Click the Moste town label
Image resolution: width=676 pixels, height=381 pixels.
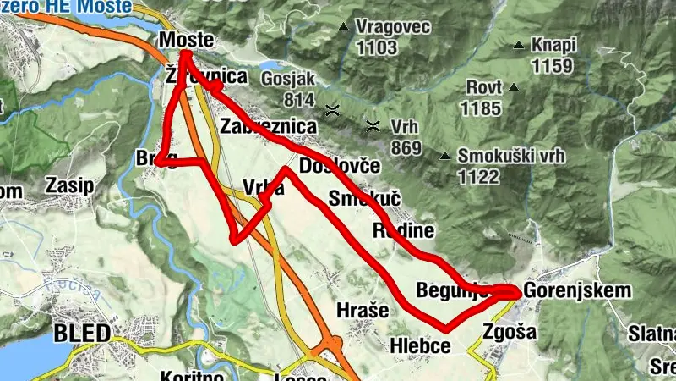tap(184, 41)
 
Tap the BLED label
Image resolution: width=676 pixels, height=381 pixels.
tap(82, 333)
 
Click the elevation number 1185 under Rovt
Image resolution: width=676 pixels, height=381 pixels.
tap(483, 108)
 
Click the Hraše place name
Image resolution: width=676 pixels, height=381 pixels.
tap(363, 310)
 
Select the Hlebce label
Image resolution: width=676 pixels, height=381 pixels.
tap(420, 345)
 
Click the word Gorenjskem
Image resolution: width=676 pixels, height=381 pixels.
tap(578, 290)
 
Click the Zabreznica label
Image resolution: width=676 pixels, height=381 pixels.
tap(268, 126)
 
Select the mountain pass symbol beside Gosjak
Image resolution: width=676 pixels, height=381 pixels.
tap(334, 109)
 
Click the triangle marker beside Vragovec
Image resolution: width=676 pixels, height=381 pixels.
tap(343, 27)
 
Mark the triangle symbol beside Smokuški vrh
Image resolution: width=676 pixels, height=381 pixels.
tap(444, 156)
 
